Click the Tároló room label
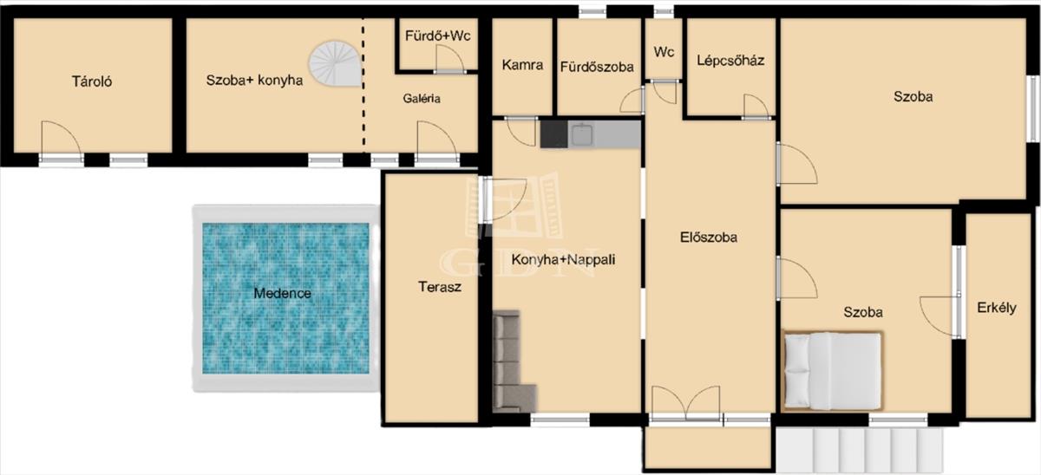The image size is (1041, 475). tap(92, 81)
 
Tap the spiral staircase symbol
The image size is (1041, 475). tap(336, 63)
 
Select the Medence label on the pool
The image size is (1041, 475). tap(282, 294)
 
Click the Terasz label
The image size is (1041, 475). tap(440, 287)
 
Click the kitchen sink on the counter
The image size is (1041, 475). tap(581, 134)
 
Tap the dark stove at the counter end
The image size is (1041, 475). tap(553, 134)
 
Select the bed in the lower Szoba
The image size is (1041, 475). tap(832, 371)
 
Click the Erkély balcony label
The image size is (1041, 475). tap(997, 308)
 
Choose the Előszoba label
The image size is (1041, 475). tap(708, 237)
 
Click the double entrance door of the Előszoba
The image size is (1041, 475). tap(686, 403)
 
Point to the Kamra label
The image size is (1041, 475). tap(522, 64)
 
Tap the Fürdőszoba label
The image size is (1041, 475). tap(597, 67)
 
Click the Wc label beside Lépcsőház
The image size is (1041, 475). tap(664, 51)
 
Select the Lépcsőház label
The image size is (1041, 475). tap(730, 61)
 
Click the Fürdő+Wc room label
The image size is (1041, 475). tap(438, 36)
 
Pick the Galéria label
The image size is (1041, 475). tap(422, 99)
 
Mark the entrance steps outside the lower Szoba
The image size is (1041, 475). tap(860, 450)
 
